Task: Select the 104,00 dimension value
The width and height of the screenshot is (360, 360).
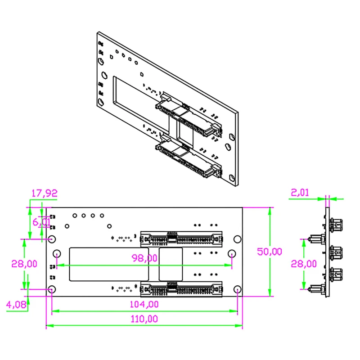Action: [x=144, y=304]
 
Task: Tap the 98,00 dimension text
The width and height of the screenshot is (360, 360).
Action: [x=144, y=258]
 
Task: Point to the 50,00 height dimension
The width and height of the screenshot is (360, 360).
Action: [x=270, y=252]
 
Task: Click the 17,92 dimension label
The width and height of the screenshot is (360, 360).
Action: [x=44, y=193]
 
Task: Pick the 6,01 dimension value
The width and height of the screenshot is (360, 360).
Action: [x=42, y=221]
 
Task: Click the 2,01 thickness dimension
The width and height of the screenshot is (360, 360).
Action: [x=300, y=193]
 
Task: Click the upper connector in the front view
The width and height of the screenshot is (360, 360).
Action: [x=181, y=238]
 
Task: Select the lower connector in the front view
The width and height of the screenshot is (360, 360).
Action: [x=181, y=288]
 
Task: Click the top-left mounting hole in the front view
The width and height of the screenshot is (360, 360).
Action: [x=52, y=239]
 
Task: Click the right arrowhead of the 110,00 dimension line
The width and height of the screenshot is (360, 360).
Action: [x=240, y=325]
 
